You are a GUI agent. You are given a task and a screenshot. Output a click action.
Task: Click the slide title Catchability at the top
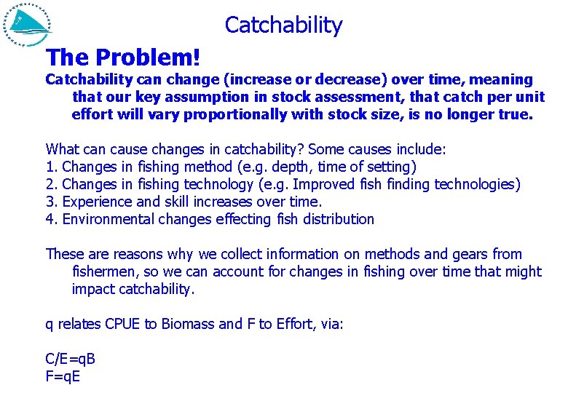click(x=283, y=25)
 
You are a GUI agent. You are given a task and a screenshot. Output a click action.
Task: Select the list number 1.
click(x=50, y=167)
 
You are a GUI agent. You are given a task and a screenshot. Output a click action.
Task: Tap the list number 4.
click(x=50, y=219)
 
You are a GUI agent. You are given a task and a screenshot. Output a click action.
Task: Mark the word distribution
click(x=338, y=219)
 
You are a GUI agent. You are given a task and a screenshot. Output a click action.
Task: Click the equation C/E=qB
click(x=71, y=359)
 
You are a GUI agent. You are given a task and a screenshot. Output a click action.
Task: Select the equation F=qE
click(x=63, y=376)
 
